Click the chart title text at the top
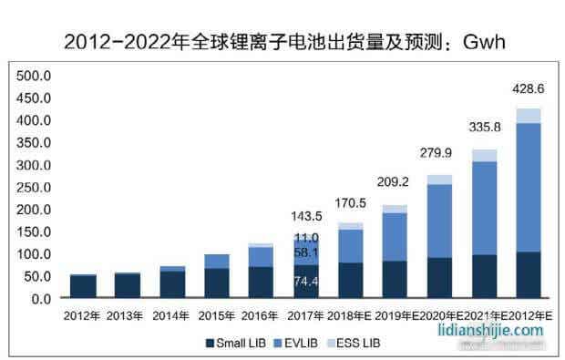pyautogui.click(x=283, y=42)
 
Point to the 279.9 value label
pyautogui.click(x=439, y=152)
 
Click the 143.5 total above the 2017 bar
pyautogui.click(x=306, y=216)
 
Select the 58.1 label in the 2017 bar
pyautogui.click(x=306, y=252)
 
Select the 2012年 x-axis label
pyautogui.click(x=84, y=315)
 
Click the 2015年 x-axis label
pyautogui.click(x=217, y=315)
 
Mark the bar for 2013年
pyautogui.click(x=128, y=285)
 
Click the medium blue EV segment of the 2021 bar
pyautogui.click(x=484, y=208)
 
